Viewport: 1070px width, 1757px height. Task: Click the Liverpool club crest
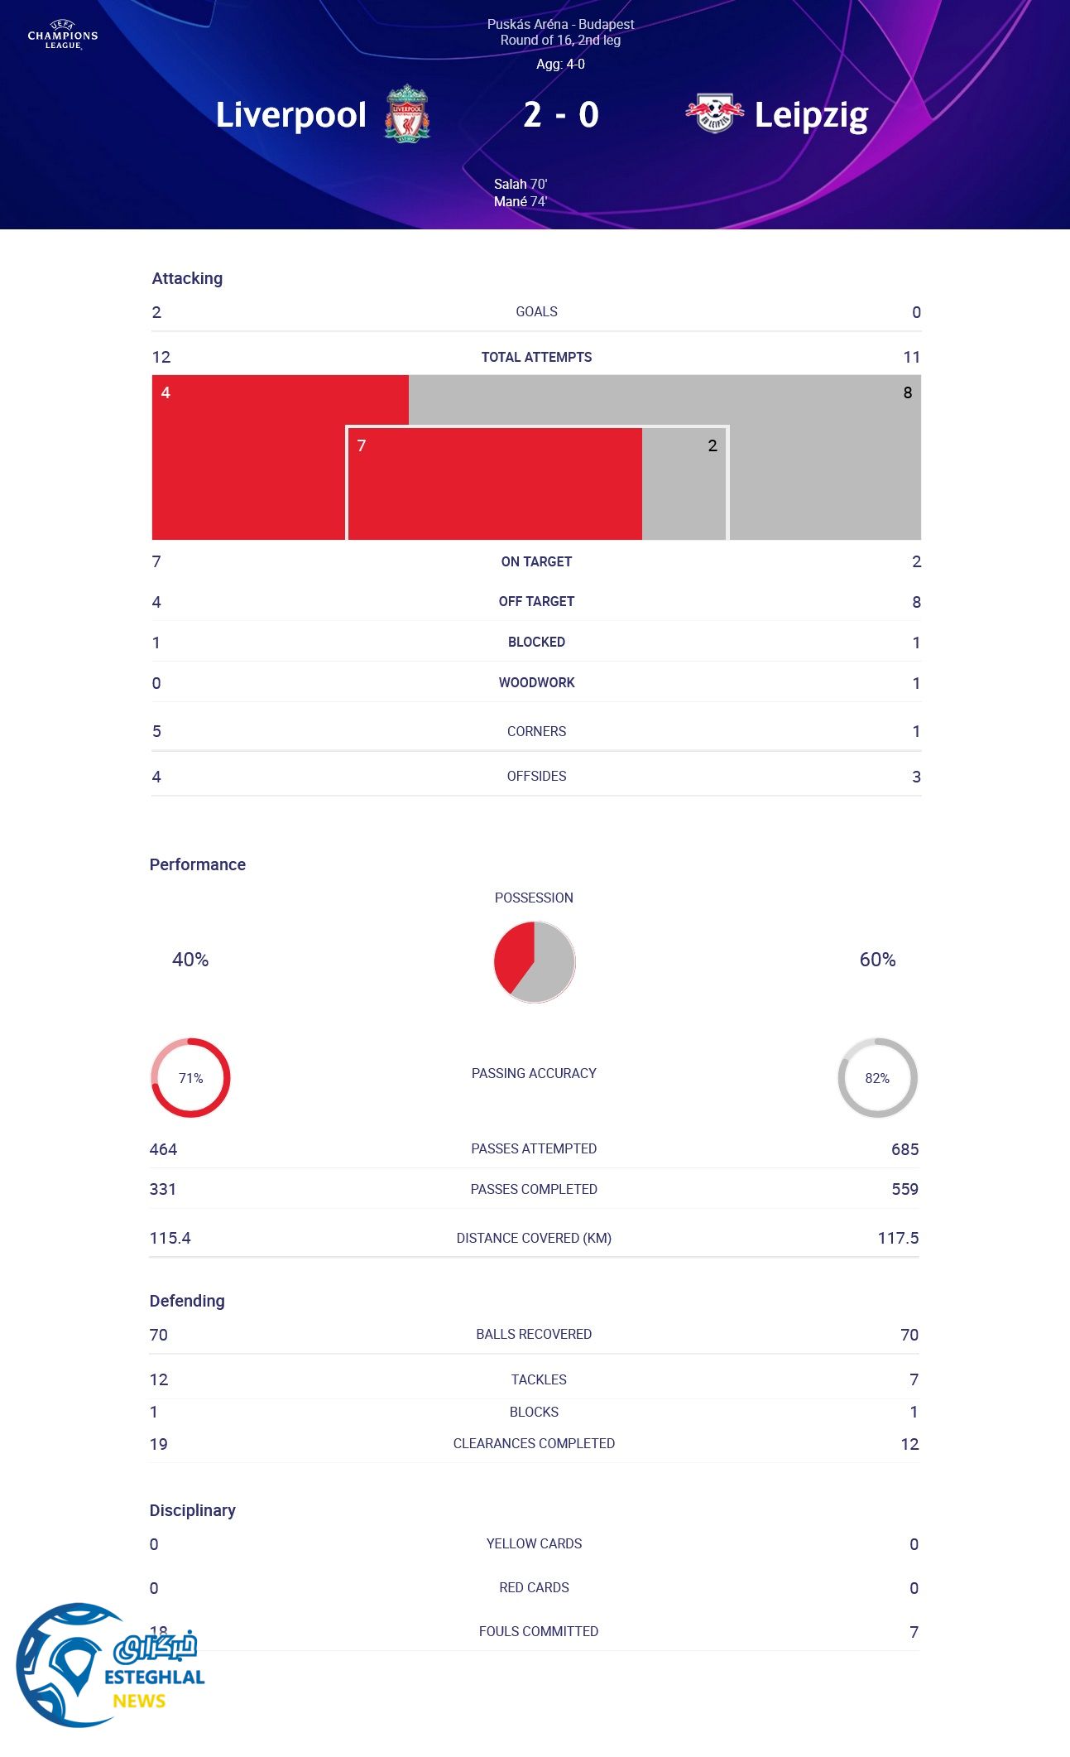(406, 114)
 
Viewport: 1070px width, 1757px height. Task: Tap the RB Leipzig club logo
(713, 113)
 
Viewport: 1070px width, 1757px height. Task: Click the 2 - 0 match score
(560, 115)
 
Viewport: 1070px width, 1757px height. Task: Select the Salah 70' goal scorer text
(521, 184)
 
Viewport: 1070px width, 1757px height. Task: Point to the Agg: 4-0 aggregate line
(560, 65)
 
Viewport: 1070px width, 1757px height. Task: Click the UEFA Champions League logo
(63, 36)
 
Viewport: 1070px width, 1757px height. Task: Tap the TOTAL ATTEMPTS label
(536, 357)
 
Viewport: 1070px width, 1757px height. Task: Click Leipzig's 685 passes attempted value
(904, 1149)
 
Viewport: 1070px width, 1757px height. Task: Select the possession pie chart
(535, 961)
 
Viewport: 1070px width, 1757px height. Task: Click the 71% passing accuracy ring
(190, 1077)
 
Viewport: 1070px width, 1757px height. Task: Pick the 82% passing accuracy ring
(877, 1077)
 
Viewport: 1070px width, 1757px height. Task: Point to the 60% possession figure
(877, 960)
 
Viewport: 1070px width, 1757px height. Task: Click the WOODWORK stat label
(536, 682)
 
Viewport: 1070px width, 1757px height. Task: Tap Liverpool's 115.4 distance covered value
(170, 1238)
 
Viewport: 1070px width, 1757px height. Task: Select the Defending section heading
(187, 1301)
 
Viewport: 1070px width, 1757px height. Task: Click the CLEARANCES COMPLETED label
(534, 1443)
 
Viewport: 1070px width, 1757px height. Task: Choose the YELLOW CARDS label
(534, 1543)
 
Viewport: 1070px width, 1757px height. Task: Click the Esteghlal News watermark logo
(108, 1666)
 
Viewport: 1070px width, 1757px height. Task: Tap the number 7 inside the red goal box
(362, 445)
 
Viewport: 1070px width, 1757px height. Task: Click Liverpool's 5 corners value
(156, 731)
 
